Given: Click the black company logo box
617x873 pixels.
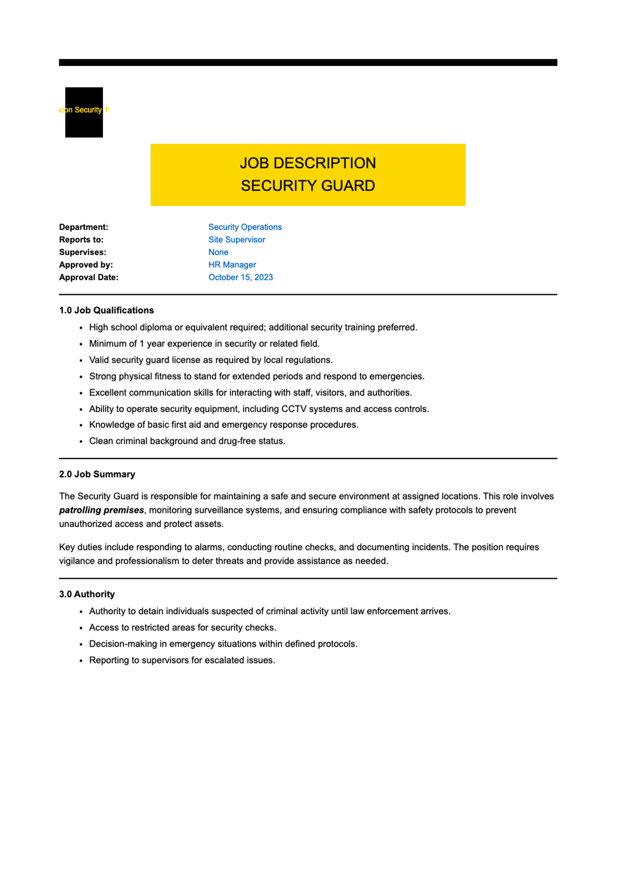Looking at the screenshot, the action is (x=84, y=112).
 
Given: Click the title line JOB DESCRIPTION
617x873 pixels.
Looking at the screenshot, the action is (x=307, y=163).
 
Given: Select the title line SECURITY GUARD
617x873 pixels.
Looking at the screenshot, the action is (x=307, y=186).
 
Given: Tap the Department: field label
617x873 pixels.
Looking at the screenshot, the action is (x=83, y=227).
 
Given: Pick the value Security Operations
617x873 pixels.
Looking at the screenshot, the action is (x=245, y=227).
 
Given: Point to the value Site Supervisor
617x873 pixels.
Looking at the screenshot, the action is (x=237, y=240).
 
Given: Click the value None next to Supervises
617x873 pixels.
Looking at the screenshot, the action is (x=218, y=252).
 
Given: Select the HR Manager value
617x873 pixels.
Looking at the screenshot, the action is (x=232, y=265).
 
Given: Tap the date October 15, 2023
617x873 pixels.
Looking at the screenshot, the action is (x=240, y=277).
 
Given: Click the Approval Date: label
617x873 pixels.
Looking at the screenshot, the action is (x=88, y=277).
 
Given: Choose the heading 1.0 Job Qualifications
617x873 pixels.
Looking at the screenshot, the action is (x=106, y=310).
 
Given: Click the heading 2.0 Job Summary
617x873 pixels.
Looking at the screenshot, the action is (x=97, y=474).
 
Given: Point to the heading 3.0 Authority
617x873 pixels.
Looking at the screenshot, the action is (x=87, y=594).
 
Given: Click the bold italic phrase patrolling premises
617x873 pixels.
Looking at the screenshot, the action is (x=101, y=510).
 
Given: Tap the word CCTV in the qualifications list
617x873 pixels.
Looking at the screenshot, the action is (x=295, y=409).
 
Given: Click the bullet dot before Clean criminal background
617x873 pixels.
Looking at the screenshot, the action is (x=81, y=441).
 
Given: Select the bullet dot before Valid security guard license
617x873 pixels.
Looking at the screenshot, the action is (x=81, y=360).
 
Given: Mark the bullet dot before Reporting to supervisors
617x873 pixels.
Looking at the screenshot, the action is (x=81, y=661).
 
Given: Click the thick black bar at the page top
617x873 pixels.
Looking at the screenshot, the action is (x=308, y=62).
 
